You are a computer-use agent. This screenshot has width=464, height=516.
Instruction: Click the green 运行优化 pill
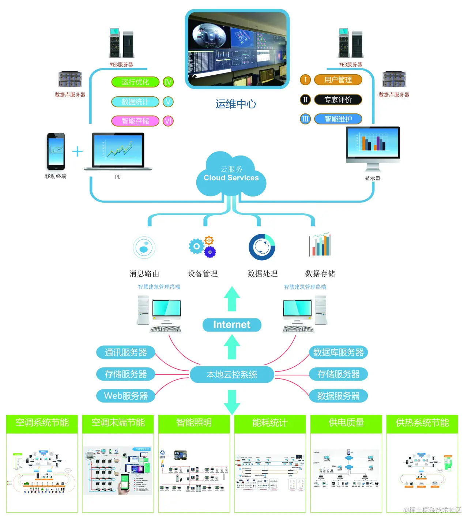(135, 82)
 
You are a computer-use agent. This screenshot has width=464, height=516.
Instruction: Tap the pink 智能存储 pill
(135, 121)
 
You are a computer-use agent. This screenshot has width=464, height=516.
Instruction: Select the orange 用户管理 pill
(338, 80)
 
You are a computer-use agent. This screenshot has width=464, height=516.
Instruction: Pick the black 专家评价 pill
(338, 100)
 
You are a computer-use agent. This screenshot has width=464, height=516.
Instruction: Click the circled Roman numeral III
(305, 119)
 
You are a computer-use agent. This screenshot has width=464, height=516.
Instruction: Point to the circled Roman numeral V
(168, 102)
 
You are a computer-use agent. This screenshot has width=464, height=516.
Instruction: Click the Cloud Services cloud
(231, 176)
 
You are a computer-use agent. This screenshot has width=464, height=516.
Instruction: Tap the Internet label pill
(232, 325)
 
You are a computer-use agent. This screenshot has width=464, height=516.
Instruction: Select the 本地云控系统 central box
(232, 374)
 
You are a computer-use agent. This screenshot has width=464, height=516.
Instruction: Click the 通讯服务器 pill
(125, 352)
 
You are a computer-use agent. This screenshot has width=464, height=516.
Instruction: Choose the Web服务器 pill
(125, 396)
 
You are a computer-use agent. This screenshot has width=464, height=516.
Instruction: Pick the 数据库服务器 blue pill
(338, 352)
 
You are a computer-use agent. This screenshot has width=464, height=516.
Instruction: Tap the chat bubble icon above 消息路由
(144, 248)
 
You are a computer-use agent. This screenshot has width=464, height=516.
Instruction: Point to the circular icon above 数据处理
(262, 247)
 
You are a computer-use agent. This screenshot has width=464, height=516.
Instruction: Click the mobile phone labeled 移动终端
(56, 151)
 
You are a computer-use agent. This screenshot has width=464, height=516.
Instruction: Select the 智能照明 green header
(194, 423)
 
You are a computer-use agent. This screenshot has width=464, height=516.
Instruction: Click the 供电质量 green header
(346, 423)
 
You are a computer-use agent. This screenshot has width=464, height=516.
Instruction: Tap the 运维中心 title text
(236, 104)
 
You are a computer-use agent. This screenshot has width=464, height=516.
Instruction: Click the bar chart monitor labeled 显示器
(373, 145)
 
